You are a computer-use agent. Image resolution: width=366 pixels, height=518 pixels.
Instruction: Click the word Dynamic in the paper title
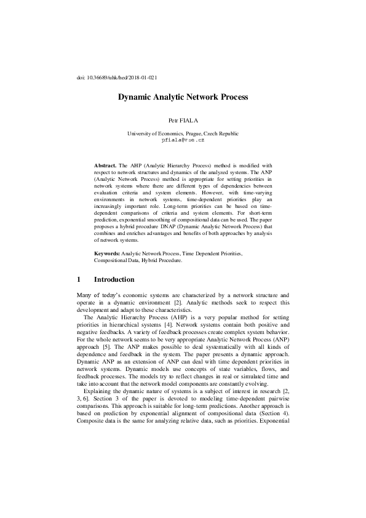point(136,97)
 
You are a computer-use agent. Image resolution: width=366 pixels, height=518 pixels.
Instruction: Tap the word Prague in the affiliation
point(185,133)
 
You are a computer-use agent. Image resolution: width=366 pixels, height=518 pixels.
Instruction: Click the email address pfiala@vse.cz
point(183,140)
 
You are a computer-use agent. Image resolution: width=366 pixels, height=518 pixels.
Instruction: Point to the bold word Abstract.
point(105,166)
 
